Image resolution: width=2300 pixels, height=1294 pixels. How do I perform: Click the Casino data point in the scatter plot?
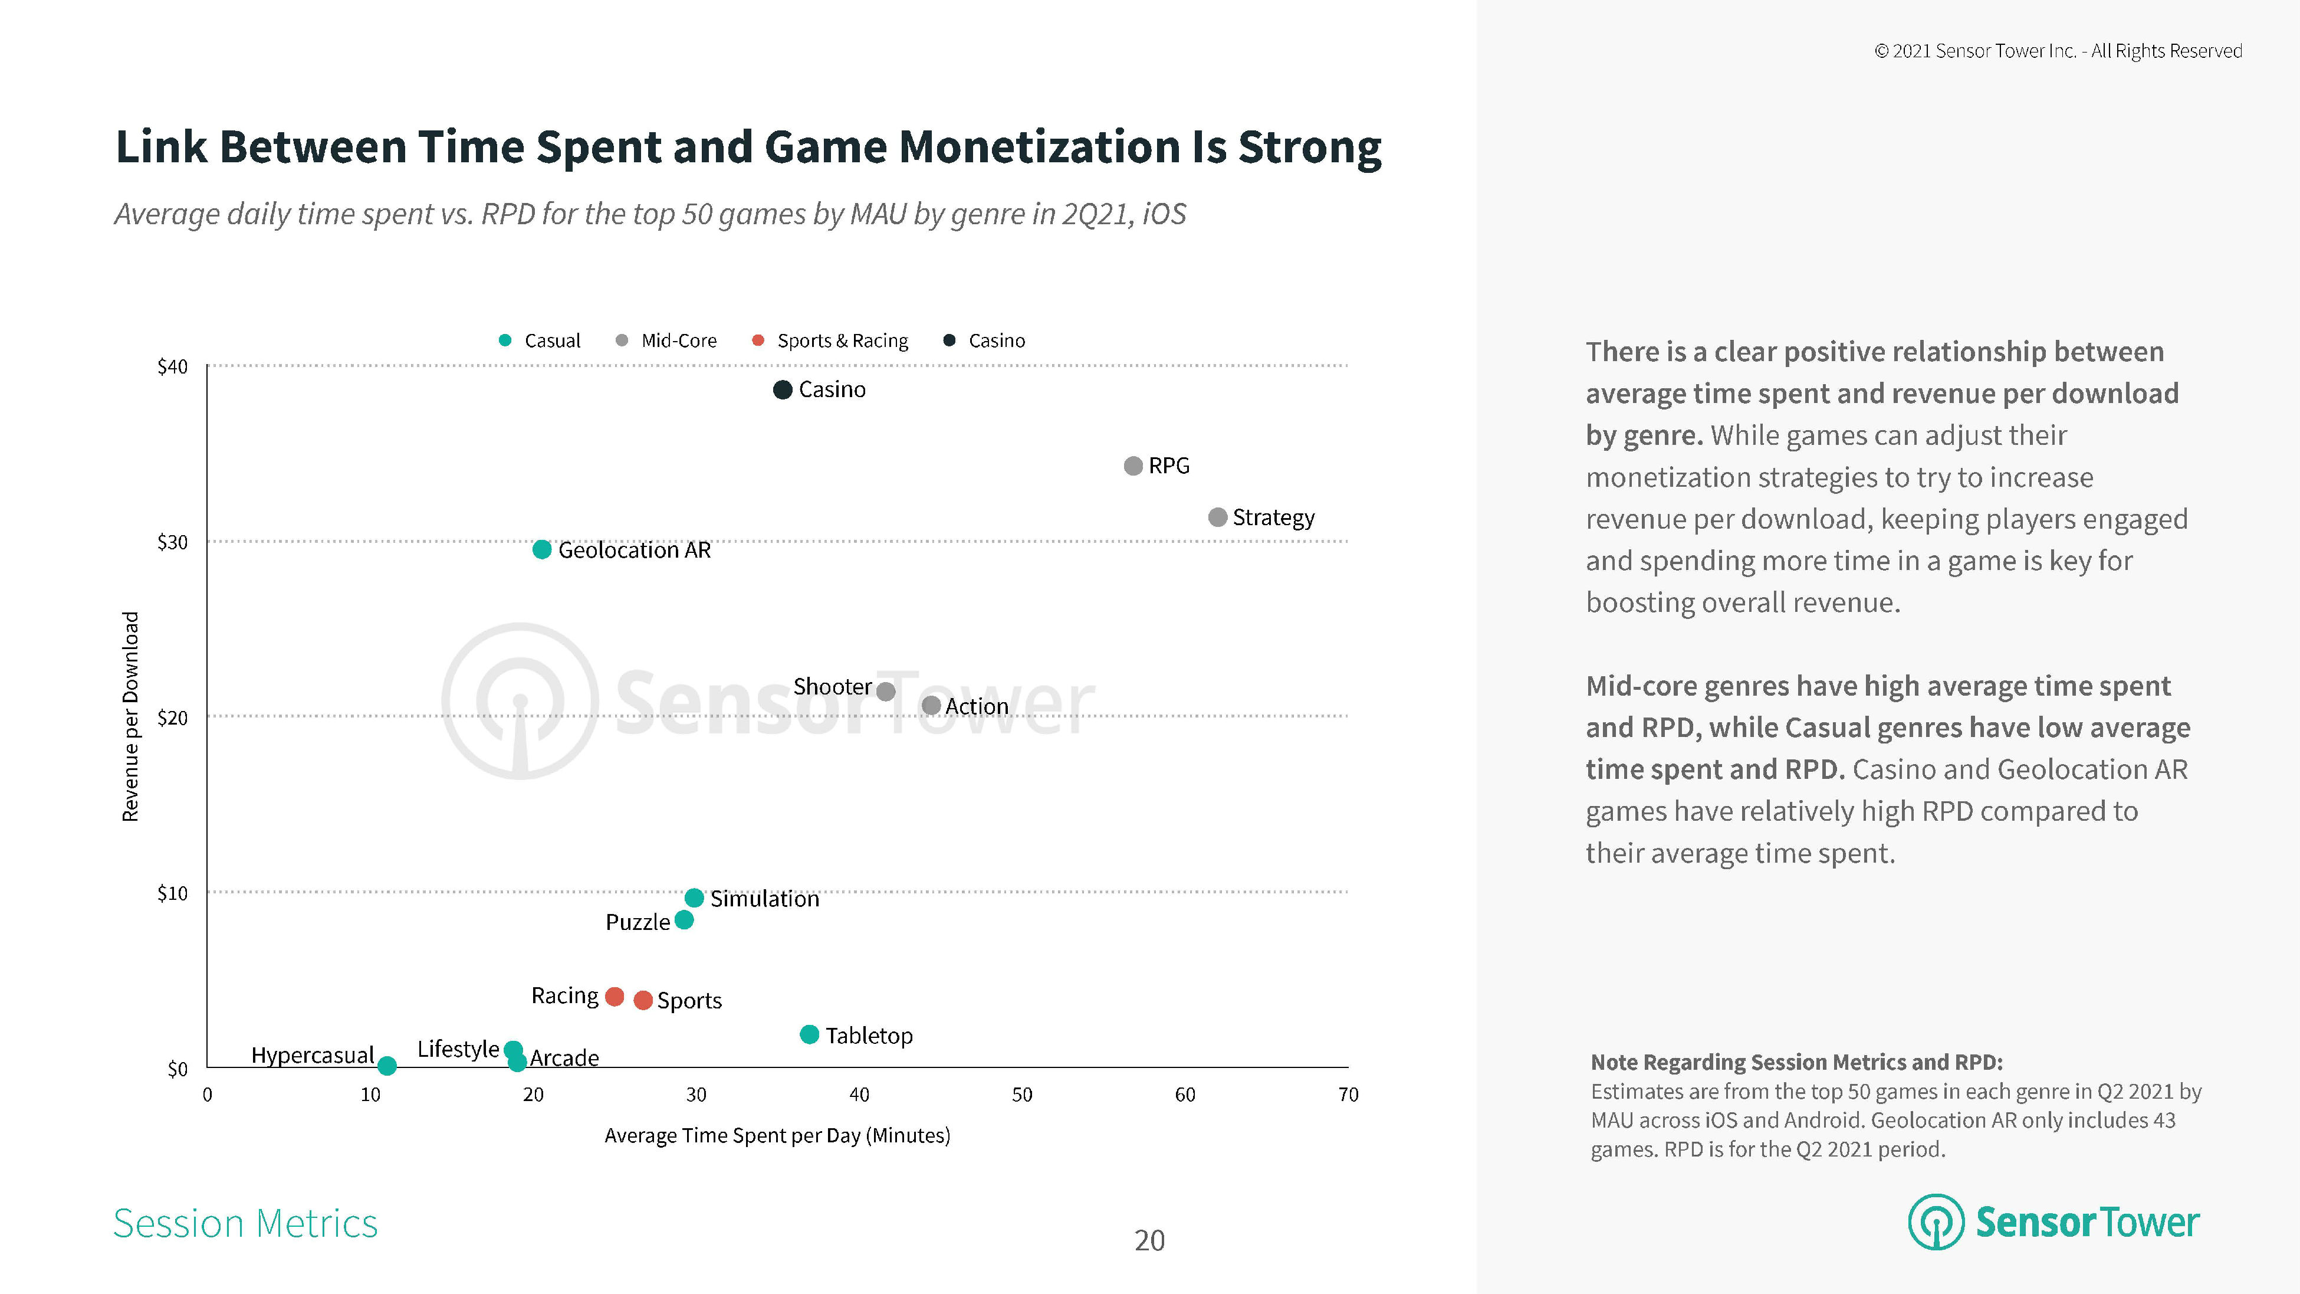click(x=782, y=389)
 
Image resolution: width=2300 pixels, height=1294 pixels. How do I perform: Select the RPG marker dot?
click(x=1133, y=466)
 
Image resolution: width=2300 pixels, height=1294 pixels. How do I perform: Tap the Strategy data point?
click(x=1217, y=517)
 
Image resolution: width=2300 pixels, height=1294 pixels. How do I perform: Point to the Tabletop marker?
click(x=809, y=1034)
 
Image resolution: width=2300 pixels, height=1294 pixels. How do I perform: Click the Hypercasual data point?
click(x=387, y=1066)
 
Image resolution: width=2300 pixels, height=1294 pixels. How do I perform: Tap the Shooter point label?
click(x=832, y=687)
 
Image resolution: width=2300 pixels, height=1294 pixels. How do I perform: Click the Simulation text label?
click(x=764, y=899)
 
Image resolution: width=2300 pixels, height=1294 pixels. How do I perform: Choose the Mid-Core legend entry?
click(x=678, y=340)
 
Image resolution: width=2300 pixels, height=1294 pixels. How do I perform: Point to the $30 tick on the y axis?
click(x=172, y=542)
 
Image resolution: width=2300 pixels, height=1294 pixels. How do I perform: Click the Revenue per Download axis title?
click(x=130, y=716)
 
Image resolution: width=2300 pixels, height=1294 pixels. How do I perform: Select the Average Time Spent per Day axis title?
click(x=777, y=1135)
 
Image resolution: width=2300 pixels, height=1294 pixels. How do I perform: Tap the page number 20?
click(x=1149, y=1240)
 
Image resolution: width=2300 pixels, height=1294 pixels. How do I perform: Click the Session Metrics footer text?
click(x=245, y=1223)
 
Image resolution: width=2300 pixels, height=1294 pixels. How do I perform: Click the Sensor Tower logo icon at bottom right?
click(x=1935, y=1221)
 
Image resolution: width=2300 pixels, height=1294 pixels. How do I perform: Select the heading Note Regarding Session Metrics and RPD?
click(x=1796, y=1062)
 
